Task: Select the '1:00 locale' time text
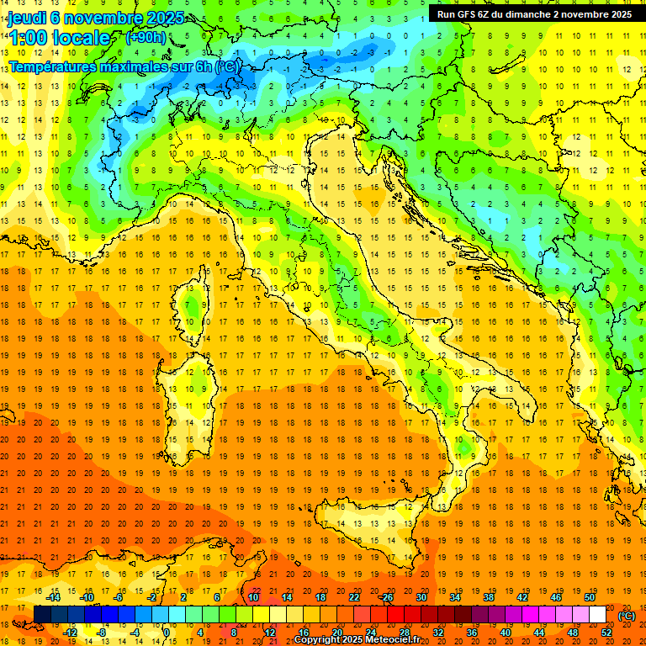point(59,38)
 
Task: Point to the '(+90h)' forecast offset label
point(146,38)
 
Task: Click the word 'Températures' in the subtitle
point(53,66)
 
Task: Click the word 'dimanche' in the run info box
point(527,14)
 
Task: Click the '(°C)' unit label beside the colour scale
point(627,616)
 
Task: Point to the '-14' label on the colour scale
point(53,597)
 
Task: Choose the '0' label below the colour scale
point(167,633)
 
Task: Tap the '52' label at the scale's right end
point(606,633)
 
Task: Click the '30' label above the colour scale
point(421,597)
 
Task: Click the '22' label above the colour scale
point(354,597)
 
